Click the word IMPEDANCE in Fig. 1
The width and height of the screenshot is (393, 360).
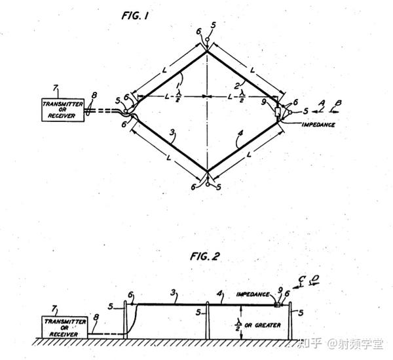point(319,123)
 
